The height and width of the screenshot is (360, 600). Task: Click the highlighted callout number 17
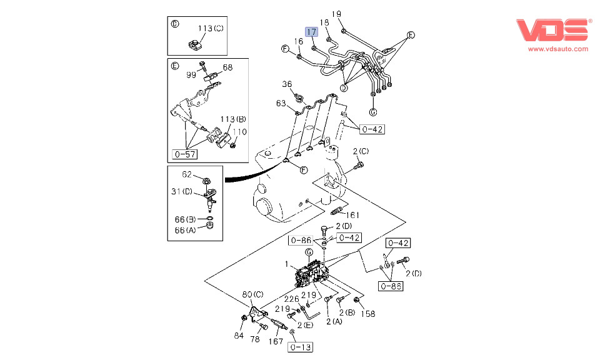[311, 31]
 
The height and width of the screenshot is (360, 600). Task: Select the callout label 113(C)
[211, 28]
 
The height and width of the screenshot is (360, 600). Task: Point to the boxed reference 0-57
[185, 152]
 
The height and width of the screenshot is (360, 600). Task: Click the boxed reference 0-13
[301, 347]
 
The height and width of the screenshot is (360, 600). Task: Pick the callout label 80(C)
[252, 294]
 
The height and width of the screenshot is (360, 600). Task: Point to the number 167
[276, 341]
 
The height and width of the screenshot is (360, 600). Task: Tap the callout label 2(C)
[361, 151]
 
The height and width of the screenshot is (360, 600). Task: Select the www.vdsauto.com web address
[557, 49]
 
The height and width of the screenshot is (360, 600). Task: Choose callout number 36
[287, 84]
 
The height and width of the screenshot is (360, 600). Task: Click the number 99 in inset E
[191, 74]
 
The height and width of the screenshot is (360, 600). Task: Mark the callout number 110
[241, 131]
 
